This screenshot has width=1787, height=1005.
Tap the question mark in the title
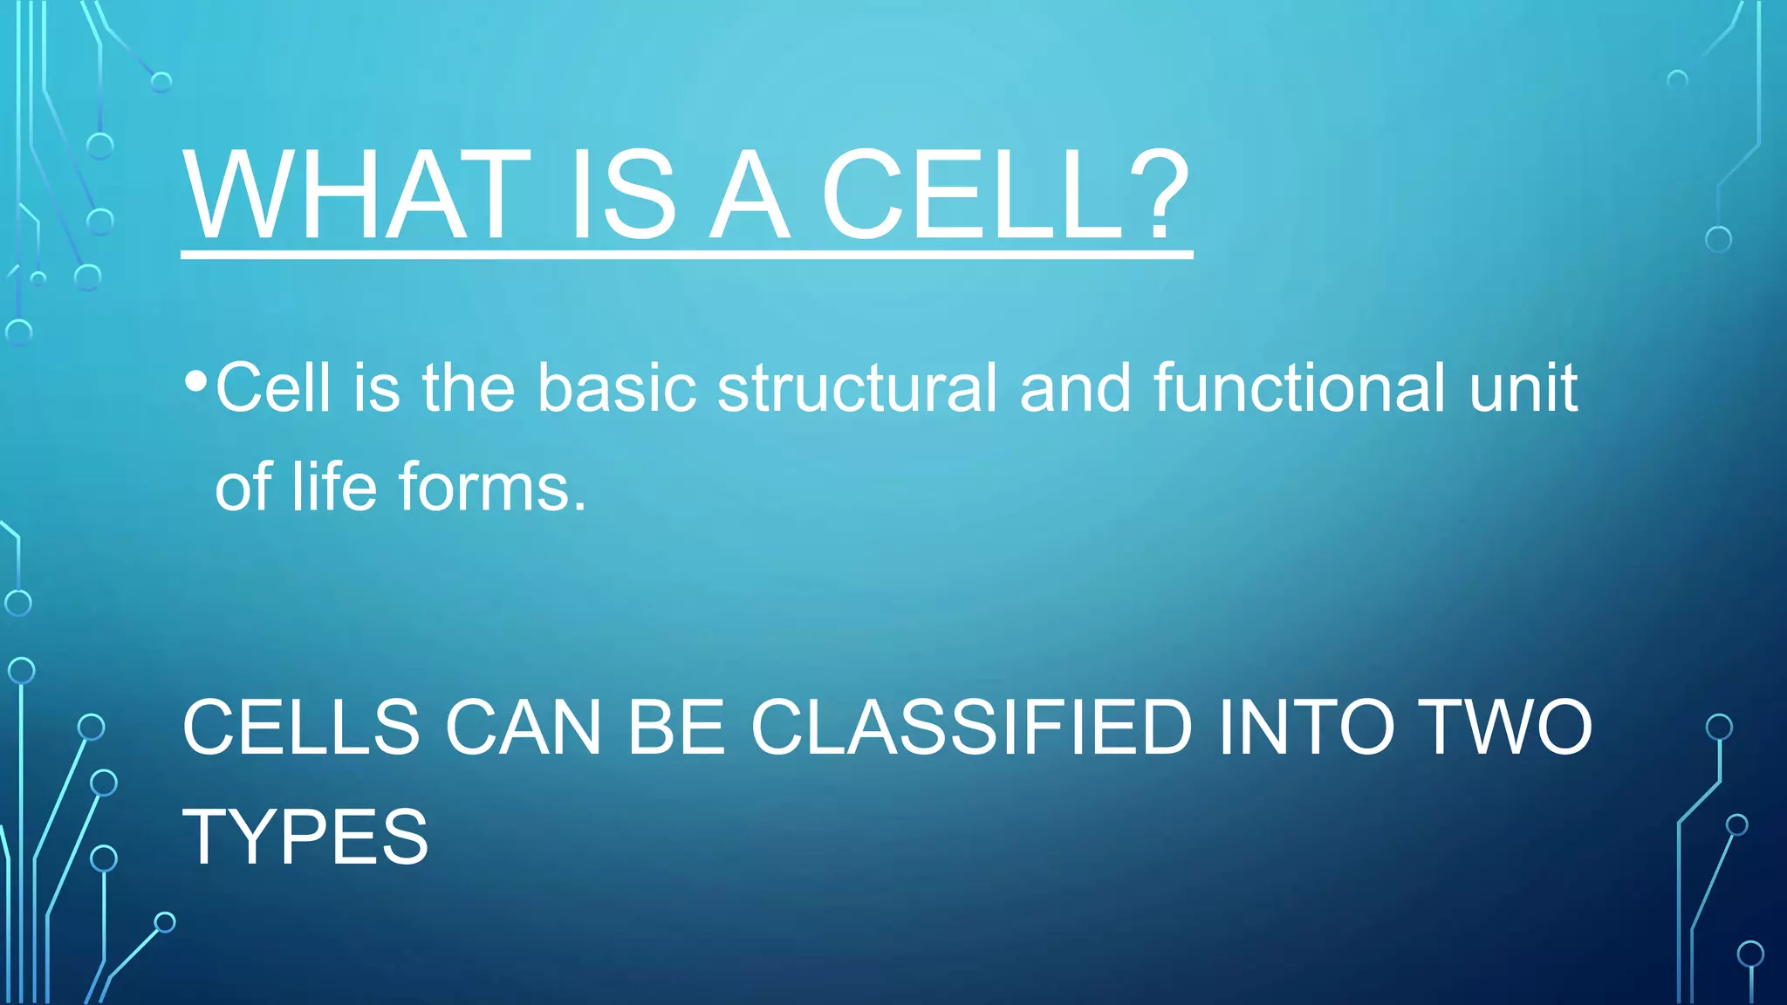coord(1157,195)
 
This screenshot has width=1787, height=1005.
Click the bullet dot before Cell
coord(196,381)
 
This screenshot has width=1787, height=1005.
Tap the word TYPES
coord(305,837)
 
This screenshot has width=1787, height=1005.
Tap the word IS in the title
coord(622,195)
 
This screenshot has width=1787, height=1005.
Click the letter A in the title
coord(749,195)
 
